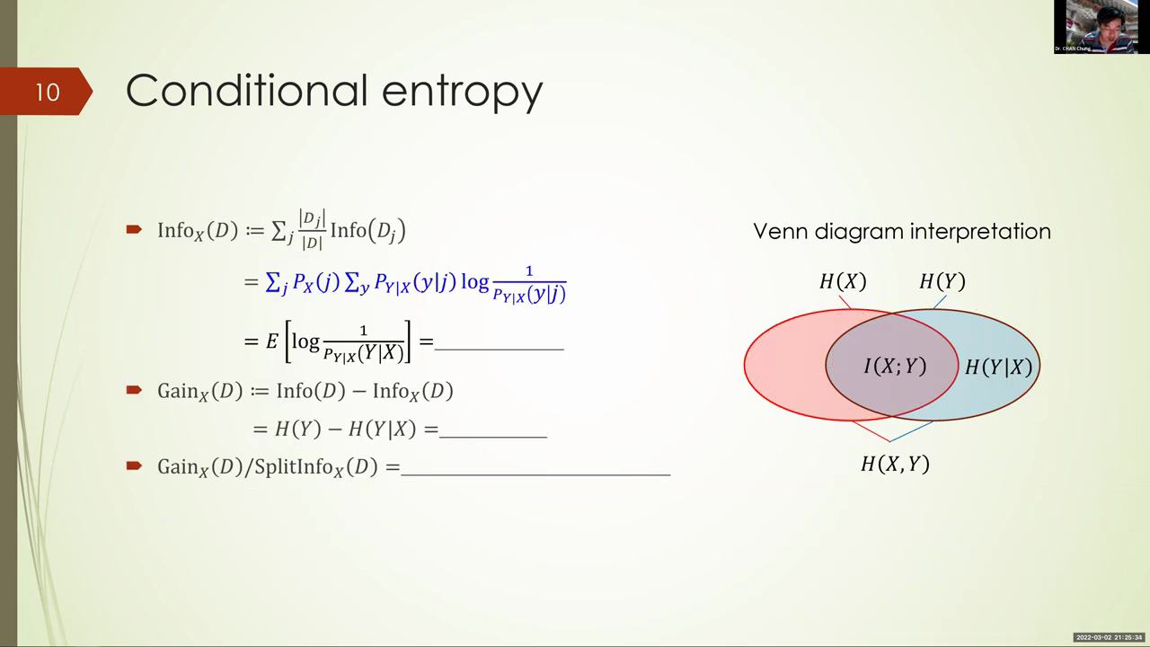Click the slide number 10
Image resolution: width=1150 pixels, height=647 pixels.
pos(48,93)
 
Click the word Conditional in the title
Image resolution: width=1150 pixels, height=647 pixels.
pos(246,91)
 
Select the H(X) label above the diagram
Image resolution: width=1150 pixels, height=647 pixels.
pos(843,281)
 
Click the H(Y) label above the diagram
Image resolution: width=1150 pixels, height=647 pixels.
pos(942,281)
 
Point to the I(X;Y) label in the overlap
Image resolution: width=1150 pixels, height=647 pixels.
pos(895,366)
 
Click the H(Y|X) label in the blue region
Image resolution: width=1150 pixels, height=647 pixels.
pos(998,368)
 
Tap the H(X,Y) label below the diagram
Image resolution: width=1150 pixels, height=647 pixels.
pos(896,465)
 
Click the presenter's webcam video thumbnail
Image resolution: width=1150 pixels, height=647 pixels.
pos(1101,27)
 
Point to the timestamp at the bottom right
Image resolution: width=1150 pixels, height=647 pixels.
pos(1109,637)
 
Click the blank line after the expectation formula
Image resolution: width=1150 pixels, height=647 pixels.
pos(500,350)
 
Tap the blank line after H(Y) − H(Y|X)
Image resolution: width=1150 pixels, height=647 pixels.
pos(493,437)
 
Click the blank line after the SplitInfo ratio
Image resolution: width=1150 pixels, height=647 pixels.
pos(535,475)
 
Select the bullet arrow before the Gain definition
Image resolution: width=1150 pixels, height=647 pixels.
pos(134,390)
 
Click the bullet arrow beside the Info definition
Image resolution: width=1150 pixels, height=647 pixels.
pos(134,229)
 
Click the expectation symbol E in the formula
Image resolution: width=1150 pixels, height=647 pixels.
pos(271,341)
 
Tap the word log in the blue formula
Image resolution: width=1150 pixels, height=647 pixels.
pos(475,281)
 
